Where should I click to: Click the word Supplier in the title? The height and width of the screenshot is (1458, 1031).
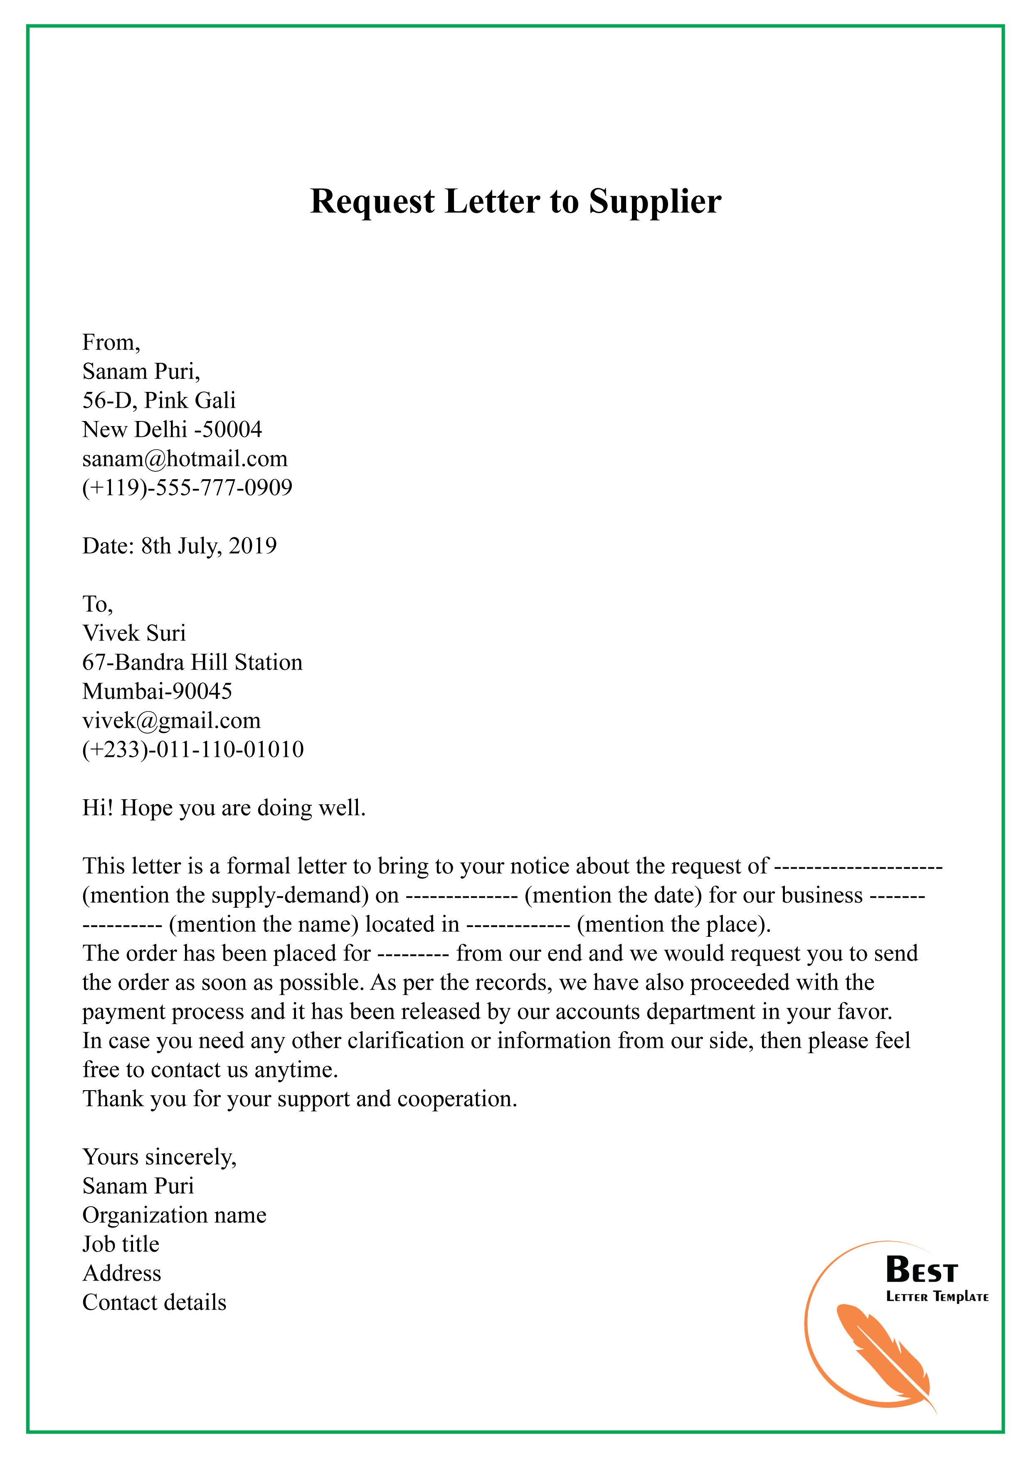tap(654, 202)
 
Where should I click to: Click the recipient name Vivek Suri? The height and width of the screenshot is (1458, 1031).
tap(134, 633)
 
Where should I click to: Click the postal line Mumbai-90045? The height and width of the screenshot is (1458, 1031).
tap(157, 692)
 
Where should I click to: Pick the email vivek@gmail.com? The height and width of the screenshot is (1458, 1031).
tap(172, 721)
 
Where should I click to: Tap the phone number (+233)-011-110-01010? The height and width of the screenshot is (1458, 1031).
tap(192, 750)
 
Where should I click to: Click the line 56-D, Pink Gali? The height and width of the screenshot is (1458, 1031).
tap(159, 401)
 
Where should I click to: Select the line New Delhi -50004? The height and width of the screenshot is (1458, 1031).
tap(172, 430)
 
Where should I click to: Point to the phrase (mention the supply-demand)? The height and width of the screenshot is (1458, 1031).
tap(225, 895)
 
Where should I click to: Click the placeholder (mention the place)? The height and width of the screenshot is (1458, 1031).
tap(673, 925)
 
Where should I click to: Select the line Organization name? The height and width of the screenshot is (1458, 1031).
tap(174, 1215)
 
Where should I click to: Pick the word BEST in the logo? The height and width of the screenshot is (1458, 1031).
tap(921, 1271)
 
